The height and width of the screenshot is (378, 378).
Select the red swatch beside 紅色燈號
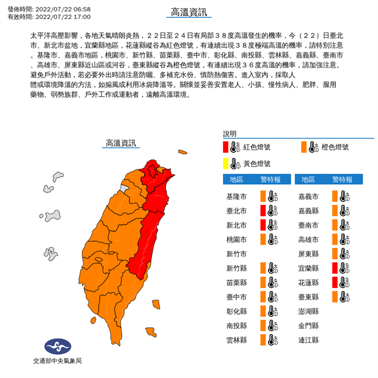click(226, 147)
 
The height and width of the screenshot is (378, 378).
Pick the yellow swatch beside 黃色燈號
click(226, 163)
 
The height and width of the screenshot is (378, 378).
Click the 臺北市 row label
click(237, 210)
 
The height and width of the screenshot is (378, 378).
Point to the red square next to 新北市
click(263, 225)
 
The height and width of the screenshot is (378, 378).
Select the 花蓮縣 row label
click(309, 282)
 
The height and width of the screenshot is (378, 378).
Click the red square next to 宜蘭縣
click(335, 268)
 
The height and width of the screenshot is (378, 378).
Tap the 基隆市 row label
click(237, 196)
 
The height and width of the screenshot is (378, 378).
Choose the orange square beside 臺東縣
click(335, 297)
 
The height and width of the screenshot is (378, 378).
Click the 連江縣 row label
click(309, 340)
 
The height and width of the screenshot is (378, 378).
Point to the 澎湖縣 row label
click(309, 311)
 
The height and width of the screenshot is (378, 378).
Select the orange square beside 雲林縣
click(263, 340)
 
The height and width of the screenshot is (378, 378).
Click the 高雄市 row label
click(309, 239)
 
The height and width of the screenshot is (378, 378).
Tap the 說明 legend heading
click(230, 133)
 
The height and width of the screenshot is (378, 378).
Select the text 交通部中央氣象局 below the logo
click(57, 361)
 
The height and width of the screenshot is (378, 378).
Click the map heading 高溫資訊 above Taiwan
click(121, 143)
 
